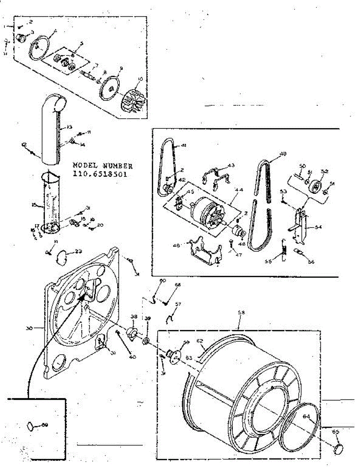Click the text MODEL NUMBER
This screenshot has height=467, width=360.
(x=103, y=166)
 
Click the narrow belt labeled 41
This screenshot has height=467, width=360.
(x=167, y=167)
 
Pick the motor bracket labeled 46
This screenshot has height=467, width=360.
(x=204, y=253)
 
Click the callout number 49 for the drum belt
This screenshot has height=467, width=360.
(x=283, y=154)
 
